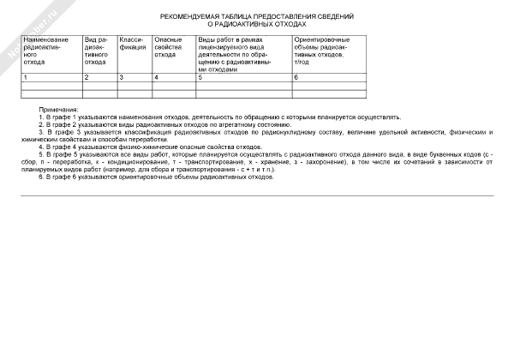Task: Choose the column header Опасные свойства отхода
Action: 167,47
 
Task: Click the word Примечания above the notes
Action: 59,111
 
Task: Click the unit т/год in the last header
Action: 301,62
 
